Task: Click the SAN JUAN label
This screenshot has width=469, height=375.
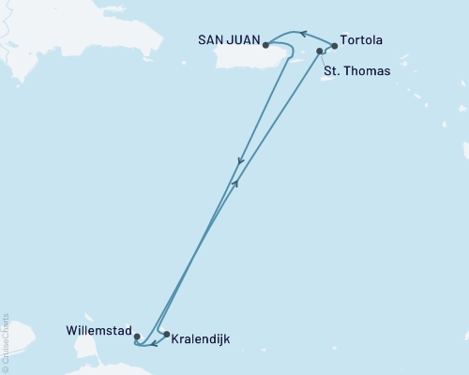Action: tap(230, 40)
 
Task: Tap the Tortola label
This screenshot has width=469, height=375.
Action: tap(362, 41)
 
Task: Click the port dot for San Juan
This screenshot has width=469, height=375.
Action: tap(266, 44)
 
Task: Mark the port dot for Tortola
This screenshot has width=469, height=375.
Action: tap(335, 45)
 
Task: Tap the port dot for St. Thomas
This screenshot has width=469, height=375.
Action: tap(321, 51)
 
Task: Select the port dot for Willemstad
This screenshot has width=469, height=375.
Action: tap(137, 336)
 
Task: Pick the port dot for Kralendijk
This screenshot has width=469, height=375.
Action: tap(166, 335)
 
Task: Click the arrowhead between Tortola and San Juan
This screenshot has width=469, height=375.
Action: tap(302, 35)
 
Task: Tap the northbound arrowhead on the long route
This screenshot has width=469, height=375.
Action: tap(235, 184)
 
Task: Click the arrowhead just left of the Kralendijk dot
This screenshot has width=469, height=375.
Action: tap(154, 342)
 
